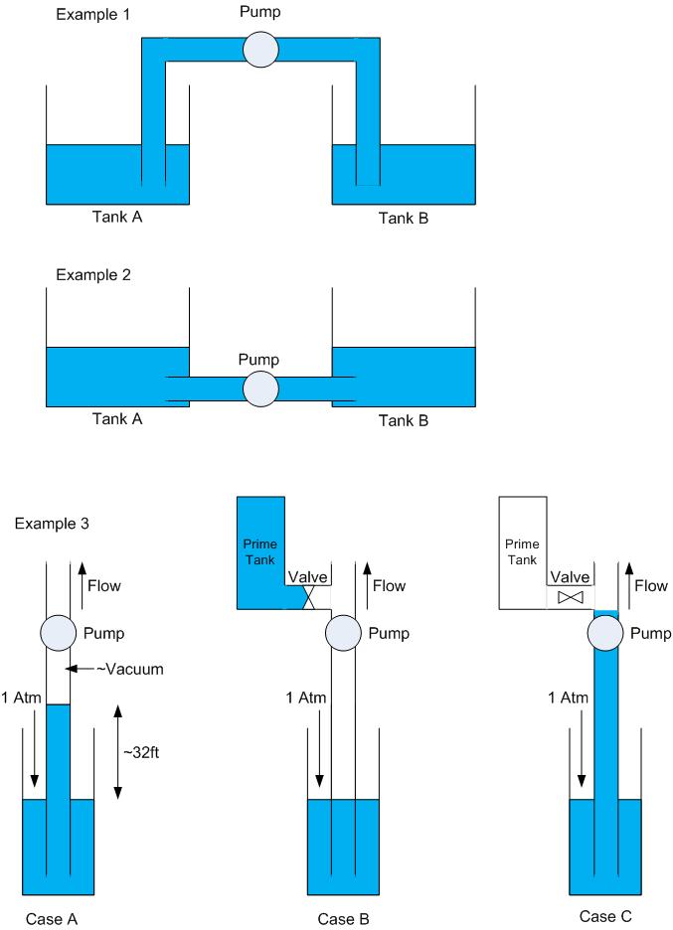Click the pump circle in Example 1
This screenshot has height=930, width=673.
tap(260, 50)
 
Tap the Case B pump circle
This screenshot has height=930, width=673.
tap(344, 633)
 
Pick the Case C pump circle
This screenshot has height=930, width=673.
tap(605, 633)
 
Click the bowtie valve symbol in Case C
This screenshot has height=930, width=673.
tap(570, 598)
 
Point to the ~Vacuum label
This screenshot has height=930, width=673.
tap(131, 670)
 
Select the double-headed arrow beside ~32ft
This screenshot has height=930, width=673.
tap(117, 752)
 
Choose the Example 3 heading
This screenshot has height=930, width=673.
tap(50, 524)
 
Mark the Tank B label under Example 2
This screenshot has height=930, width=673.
tap(403, 419)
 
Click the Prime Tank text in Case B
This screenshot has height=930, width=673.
tap(259, 551)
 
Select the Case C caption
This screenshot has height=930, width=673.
tap(604, 916)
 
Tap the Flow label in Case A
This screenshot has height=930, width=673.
tap(104, 586)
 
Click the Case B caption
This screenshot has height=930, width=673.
tap(344, 919)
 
